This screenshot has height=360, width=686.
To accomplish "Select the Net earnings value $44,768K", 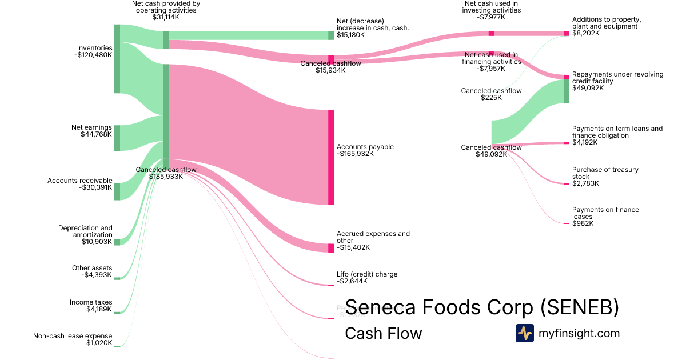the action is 96,134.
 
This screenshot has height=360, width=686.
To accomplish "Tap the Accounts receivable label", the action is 80,181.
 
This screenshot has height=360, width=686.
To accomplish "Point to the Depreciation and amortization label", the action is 85,231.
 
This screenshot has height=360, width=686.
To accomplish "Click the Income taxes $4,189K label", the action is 91,306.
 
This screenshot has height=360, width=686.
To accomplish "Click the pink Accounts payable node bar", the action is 330,157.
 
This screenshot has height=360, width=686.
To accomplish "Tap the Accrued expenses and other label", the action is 373,237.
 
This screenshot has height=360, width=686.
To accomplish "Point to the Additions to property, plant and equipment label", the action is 607,23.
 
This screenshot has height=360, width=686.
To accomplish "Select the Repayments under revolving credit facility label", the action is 617,78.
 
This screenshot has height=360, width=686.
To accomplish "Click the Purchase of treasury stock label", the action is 605,173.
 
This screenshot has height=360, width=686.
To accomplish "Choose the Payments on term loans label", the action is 617,132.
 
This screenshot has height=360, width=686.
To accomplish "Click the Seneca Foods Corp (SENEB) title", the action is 482,307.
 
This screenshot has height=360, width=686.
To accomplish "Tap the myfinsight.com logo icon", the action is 525,333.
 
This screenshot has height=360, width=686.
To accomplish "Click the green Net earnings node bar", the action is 117,138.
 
